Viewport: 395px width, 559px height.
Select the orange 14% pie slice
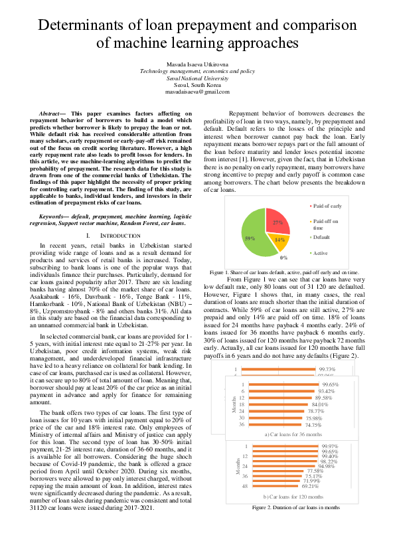pyautogui.click(x=279, y=240)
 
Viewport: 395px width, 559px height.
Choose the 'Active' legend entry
pyautogui.click(x=321, y=253)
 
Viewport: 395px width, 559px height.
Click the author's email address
pyautogui.click(x=197, y=92)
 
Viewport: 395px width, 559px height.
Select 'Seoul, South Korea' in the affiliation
pyautogui.click(x=197, y=86)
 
